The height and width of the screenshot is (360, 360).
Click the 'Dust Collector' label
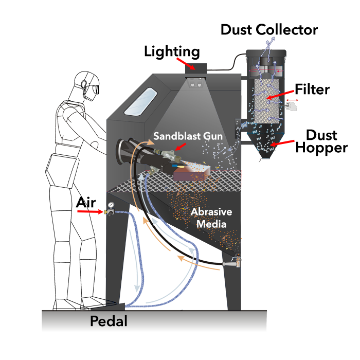point(269,30)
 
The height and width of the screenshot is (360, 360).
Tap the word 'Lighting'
point(172,51)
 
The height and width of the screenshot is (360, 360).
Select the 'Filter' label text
point(312,89)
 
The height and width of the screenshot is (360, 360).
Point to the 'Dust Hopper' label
point(321,141)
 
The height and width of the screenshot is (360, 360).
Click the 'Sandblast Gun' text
point(188,136)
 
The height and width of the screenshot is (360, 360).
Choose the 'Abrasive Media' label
point(211,218)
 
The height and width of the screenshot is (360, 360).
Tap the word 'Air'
point(86,203)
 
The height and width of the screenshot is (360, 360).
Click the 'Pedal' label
point(109,321)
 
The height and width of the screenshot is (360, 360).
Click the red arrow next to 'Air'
point(90,211)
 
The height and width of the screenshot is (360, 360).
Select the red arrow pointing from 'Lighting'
point(186,63)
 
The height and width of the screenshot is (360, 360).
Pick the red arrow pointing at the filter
point(281,95)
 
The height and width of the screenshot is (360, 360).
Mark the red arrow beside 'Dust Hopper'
point(282,143)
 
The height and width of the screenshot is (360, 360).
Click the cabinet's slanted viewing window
point(140,101)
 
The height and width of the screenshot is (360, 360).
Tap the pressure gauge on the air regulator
point(111,205)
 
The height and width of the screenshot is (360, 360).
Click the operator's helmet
point(87,84)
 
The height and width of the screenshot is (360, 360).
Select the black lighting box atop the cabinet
point(196,68)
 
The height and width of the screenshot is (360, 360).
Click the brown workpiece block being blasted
point(189,173)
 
